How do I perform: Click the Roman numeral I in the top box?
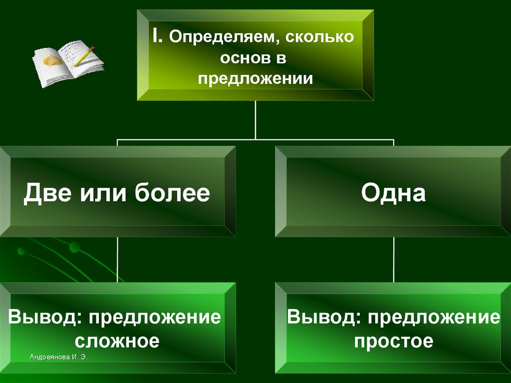click(157, 36)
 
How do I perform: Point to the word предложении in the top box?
click(255, 78)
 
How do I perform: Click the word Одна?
click(394, 193)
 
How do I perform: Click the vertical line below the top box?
click(255, 120)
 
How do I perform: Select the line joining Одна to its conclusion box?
click(394, 260)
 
